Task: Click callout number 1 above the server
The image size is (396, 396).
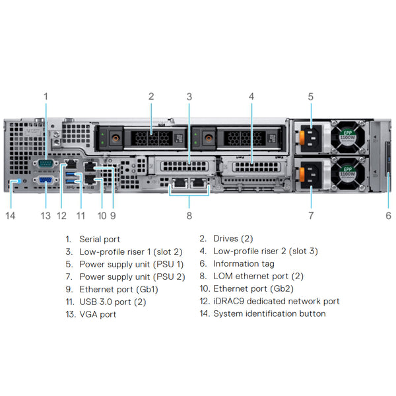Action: tap(46, 96)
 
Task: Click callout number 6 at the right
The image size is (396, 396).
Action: tap(388, 215)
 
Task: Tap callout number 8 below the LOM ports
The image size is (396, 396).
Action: tap(189, 215)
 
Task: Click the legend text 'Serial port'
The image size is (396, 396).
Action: tap(100, 239)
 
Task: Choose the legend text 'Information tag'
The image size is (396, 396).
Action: tap(244, 264)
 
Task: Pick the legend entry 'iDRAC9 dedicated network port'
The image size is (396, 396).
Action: tap(276, 302)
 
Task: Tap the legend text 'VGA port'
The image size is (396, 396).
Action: tap(98, 314)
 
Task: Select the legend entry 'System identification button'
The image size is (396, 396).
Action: tap(269, 314)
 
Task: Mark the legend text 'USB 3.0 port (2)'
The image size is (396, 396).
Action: tap(113, 302)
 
